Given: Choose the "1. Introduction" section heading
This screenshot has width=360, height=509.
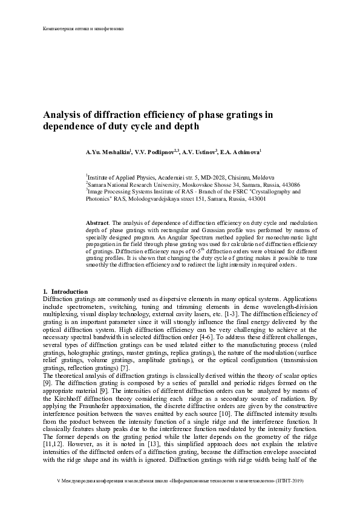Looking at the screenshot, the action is (x=66, y=293).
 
